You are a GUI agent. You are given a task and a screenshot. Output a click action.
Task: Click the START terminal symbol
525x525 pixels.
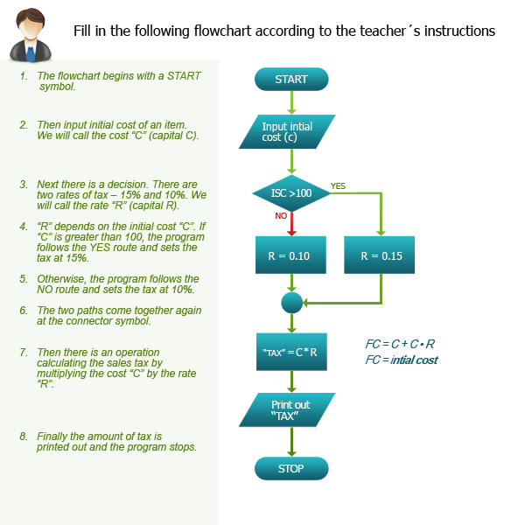(x=291, y=80)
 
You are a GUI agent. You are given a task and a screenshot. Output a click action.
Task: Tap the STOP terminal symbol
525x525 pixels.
(x=291, y=469)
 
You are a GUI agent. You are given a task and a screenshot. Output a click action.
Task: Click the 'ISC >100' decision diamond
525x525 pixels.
(x=291, y=192)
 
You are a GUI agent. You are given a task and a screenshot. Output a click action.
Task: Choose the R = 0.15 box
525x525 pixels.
(x=381, y=257)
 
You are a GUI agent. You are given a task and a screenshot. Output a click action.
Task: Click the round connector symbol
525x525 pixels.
(x=291, y=303)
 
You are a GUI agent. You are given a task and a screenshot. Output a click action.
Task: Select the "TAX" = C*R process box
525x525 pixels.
(x=290, y=353)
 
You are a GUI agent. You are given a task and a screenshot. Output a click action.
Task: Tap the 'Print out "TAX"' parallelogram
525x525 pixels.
(x=290, y=410)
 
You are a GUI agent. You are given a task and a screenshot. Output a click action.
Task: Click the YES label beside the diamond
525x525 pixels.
(x=338, y=185)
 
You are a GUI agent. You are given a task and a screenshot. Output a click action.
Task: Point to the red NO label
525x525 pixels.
(x=281, y=215)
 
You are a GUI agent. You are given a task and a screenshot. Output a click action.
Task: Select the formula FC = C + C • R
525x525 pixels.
(x=400, y=344)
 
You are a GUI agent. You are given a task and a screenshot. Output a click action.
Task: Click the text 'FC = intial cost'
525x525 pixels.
(x=402, y=360)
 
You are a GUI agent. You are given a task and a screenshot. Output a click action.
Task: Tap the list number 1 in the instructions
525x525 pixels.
(x=24, y=76)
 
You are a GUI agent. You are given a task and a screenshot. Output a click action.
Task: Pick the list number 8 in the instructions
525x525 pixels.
(x=24, y=436)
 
